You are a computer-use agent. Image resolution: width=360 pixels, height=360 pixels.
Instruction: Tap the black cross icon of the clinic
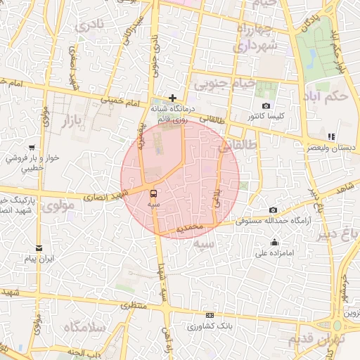click(172, 98)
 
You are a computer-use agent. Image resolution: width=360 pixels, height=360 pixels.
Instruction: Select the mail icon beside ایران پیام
click(39, 248)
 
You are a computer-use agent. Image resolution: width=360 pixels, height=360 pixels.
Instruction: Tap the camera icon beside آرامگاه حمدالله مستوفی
click(274, 210)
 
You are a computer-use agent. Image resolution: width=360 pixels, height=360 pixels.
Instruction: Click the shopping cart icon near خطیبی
click(32, 148)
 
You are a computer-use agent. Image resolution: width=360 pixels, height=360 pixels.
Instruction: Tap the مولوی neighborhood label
click(58, 206)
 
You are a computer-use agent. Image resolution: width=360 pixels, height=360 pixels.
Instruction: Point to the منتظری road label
click(133, 307)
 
